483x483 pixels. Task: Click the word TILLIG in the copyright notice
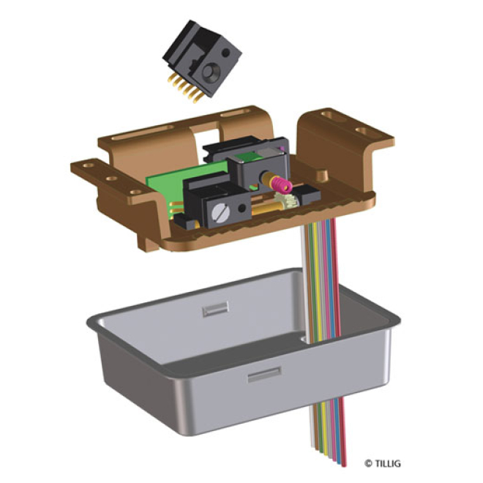[x=388, y=463]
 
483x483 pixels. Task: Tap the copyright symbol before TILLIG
[x=368, y=463]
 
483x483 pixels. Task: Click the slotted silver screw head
[x=221, y=212]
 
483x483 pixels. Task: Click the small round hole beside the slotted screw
[x=242, y=208]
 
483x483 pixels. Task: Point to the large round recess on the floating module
[x=211, y=72]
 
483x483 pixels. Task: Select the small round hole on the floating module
[x=226, y=53]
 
